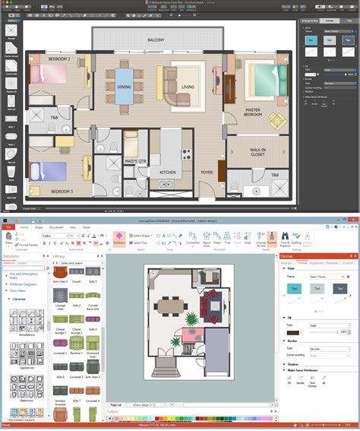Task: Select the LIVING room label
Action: pos(187,87)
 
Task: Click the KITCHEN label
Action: pos(167,172)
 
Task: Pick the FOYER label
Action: pos(207,172)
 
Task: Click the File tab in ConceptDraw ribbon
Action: pos(8,227)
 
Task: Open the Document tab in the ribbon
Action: pos(56,227)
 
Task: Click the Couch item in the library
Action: pos(76,282)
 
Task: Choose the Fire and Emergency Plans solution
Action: pos(24,274)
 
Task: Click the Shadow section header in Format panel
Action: pos(292,364)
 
